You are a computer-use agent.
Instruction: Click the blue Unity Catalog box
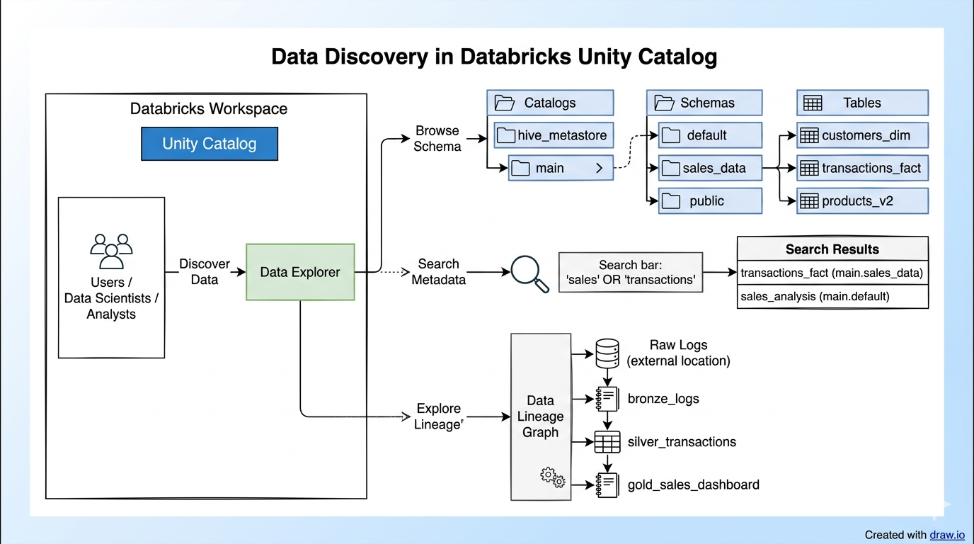click(x=210, y=144)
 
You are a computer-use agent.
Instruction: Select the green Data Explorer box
click(x=300, y=272)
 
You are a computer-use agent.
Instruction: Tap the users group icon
click(x=111, y=251)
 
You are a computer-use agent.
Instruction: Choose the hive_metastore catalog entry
click(x=550, y=135)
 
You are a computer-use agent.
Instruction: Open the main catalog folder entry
click(x=560, y=168)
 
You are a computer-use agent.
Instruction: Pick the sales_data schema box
click(x=711, y=168)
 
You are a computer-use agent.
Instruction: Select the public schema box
click(x=711, y=201)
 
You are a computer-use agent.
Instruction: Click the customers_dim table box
click(x=862, y=135)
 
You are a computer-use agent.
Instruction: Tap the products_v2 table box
click(x=862, y=201)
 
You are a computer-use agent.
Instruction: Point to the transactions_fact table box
click(x=862, y=168)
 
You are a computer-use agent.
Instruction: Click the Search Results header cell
click(x=832, y=249)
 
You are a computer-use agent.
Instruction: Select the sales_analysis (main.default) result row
click(x=832, y=297)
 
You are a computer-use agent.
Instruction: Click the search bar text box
click(x=631, y=273)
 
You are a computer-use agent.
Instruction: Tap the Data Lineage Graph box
click(x=540, y=416)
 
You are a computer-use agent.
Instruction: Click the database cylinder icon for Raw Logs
click(x=607, y=353)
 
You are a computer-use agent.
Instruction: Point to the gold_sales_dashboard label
click(x=693, y=485)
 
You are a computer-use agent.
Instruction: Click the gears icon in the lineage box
click(x=552, y=477)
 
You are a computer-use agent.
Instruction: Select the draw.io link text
click(x=947, y=535)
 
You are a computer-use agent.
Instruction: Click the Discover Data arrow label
click(x=205, y=272)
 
